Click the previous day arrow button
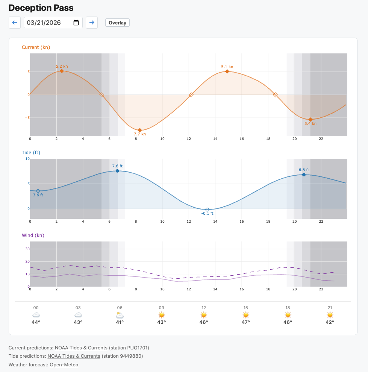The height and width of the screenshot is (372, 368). (15, 23)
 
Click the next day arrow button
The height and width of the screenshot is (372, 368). (92, 23)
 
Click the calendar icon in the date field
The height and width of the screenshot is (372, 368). (76, 23)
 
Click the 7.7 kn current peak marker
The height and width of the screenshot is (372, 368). (140, 130)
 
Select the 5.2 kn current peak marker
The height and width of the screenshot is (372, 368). (62, 71)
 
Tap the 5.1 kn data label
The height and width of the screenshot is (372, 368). (227, 67)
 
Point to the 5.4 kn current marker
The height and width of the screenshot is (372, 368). (310, 119)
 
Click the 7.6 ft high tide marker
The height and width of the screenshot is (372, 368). (117, 171)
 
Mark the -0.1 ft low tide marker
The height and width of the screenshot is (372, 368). (207, 210)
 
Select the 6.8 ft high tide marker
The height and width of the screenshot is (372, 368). (304, 175)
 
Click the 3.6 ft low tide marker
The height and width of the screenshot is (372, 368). (38, 191)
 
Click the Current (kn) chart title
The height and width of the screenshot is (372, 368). (36, 47)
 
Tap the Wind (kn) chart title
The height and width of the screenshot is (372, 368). (33, 235)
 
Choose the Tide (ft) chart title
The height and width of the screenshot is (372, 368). (31, 153)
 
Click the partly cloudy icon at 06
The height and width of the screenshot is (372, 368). (120, 315)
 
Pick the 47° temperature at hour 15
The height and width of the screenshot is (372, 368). (245, 322)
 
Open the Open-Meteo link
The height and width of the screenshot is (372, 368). (64, 364)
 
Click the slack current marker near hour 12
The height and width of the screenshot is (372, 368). (191, 95)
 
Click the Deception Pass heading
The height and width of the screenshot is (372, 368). (41, 8)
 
